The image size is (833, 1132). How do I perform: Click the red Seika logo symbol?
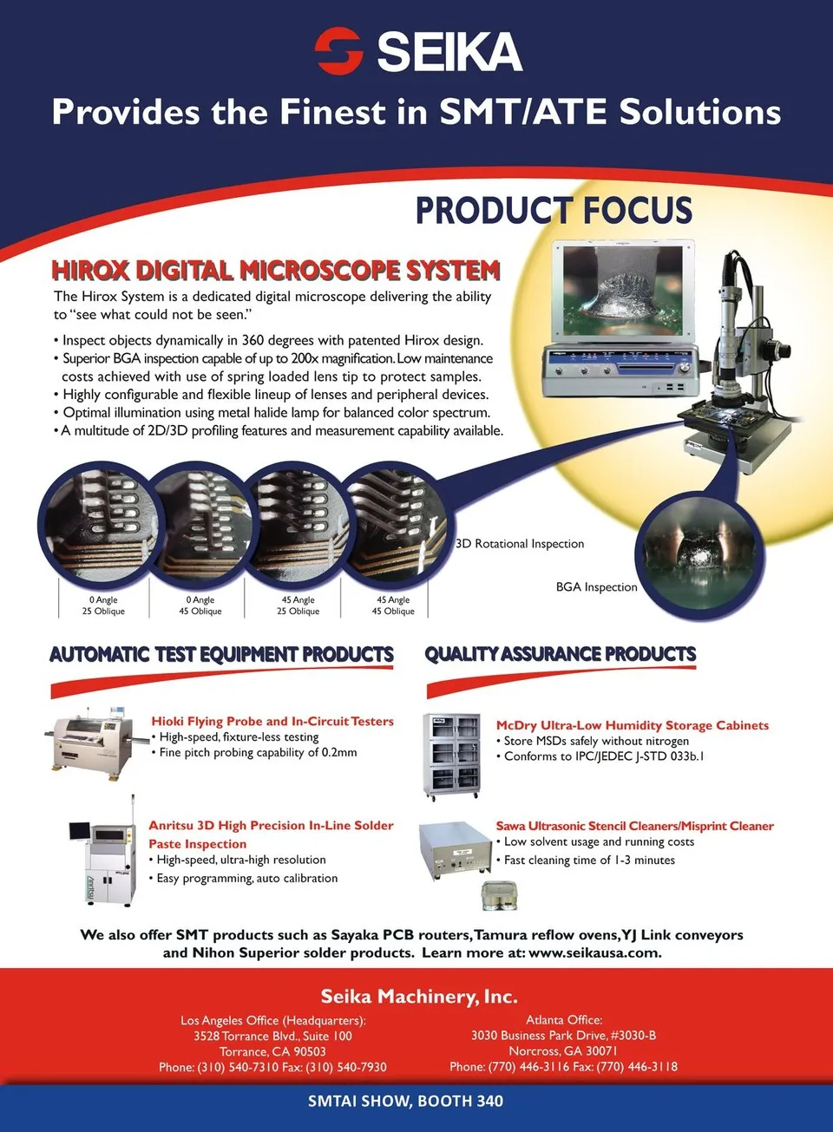(338, 50)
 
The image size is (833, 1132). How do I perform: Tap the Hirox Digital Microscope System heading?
(276, 270)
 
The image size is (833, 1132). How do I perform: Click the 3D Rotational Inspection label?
(520, 544)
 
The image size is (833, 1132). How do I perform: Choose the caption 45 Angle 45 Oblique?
(393, 605)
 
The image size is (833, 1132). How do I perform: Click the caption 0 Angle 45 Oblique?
(200, 605)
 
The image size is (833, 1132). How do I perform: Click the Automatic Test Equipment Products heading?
(221, 654)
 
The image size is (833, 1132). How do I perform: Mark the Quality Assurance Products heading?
(560, 654)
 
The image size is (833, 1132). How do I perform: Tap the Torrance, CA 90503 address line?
(272, 1051)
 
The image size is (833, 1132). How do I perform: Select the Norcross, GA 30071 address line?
(563, 1051)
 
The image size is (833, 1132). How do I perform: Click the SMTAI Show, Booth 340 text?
(406, 1101)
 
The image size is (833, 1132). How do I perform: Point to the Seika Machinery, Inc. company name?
(419, 997)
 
